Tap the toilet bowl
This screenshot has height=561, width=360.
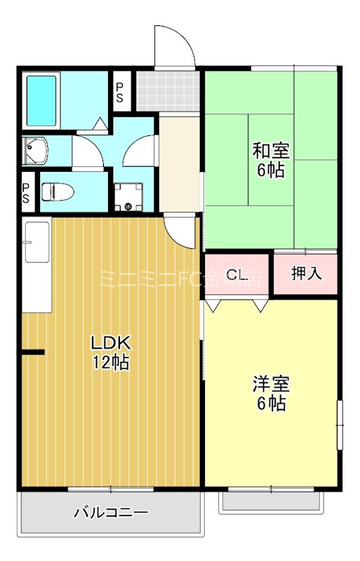point(56,191)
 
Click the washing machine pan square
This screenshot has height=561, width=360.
point(128,196)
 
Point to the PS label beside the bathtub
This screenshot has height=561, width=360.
point(119,92)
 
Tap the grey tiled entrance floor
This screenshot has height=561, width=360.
point(168,89)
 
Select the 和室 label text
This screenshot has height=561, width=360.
point(271,150)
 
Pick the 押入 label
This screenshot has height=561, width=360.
point(306,273)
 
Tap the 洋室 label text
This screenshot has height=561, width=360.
point(271,384)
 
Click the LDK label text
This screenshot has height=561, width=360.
point(111,343)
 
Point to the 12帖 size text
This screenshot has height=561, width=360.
point(111,363)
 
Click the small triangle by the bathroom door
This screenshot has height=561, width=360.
point(101,124)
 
